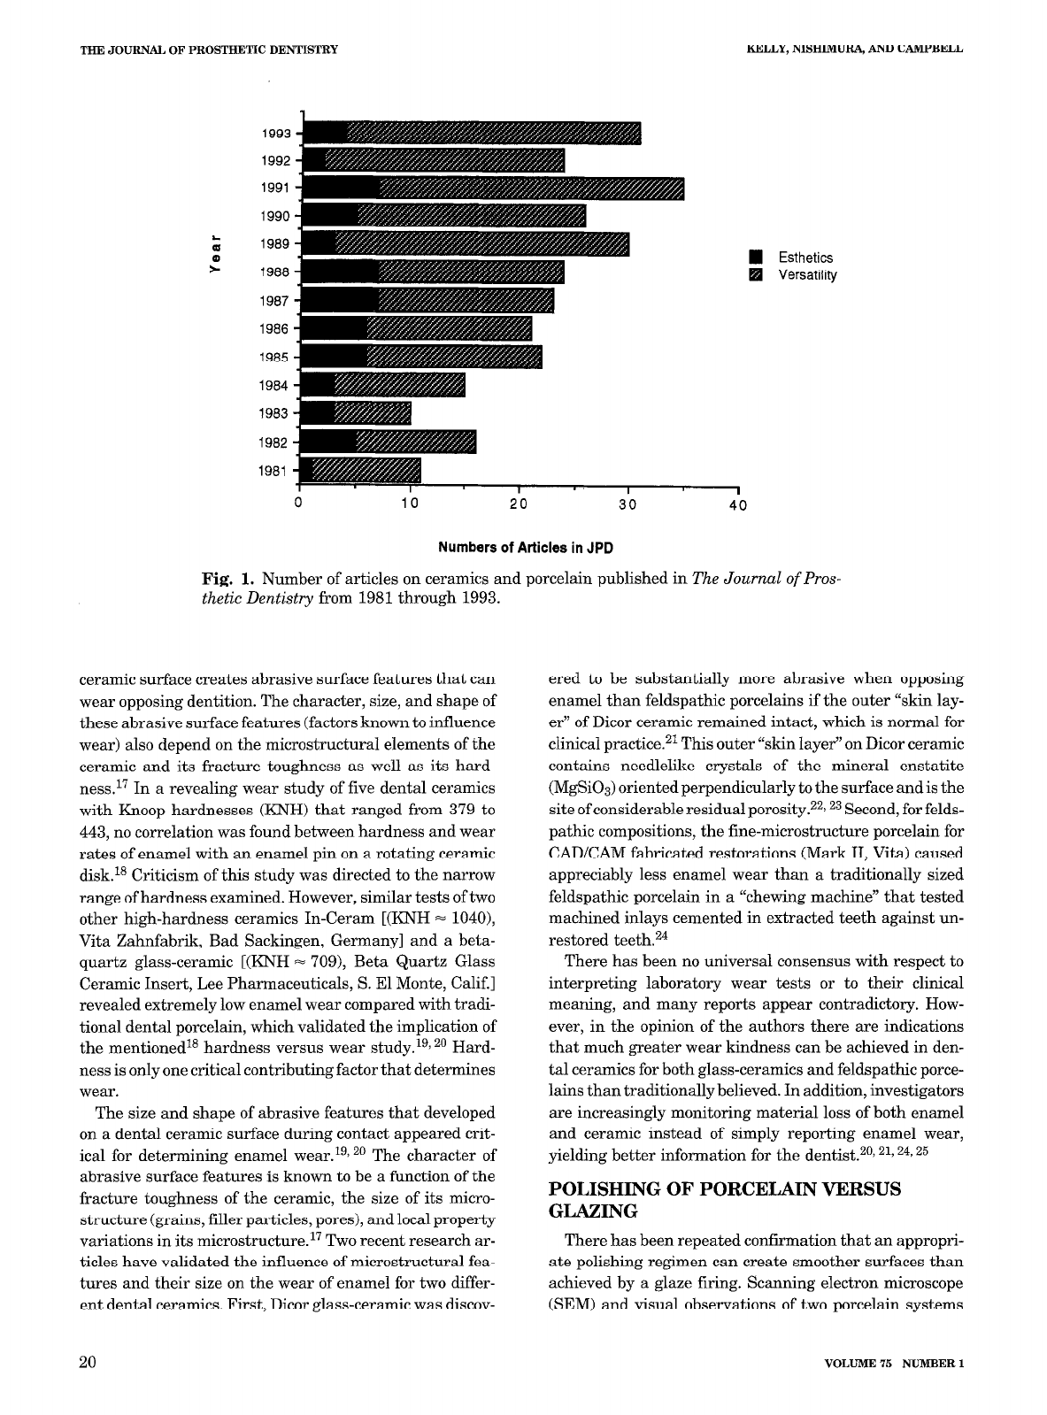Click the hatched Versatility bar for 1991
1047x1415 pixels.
(531, 188)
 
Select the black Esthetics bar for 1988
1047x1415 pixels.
(341, 273)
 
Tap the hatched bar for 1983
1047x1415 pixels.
(373, 413)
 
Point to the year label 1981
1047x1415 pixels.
(273, 471)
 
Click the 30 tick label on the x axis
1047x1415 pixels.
(627, 506)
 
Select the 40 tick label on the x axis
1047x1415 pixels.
(738, 506)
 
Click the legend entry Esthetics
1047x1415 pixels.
(804, 258)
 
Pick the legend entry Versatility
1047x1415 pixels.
(806, 274)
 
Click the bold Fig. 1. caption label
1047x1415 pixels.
(228, 580)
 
